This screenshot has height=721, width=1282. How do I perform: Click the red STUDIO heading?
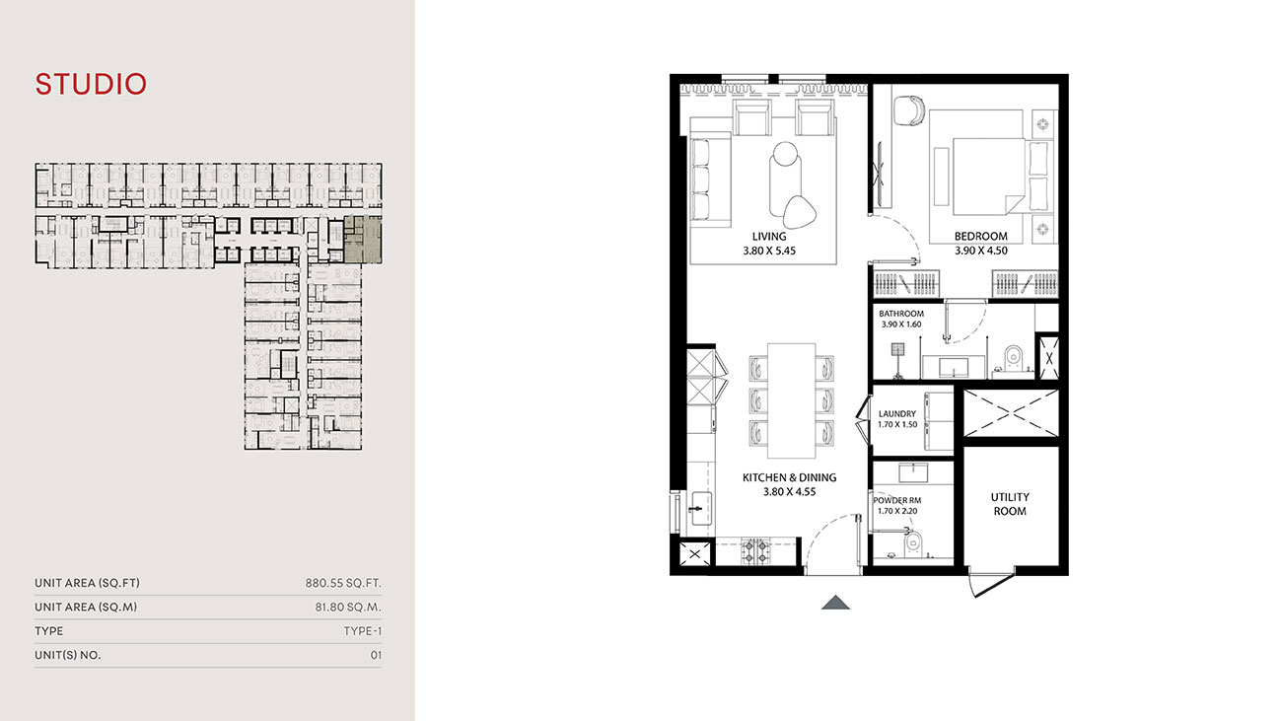point(91,85)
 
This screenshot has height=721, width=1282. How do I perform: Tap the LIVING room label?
point(768,237)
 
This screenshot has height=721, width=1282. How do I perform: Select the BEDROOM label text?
point(980,237)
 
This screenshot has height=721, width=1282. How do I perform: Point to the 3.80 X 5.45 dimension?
point(768,251)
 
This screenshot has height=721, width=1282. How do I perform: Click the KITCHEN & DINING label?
point(789,477)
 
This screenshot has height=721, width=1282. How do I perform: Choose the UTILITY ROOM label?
point(1009,504)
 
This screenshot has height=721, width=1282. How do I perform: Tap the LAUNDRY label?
point(896,414)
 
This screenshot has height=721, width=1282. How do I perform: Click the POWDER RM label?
point(896,500)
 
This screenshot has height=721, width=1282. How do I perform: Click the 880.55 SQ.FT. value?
point(343,583)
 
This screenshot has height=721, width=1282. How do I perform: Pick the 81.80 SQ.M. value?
point(348,608)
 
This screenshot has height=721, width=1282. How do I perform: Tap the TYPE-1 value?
point(362,631)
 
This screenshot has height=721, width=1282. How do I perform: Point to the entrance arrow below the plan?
point(835,603)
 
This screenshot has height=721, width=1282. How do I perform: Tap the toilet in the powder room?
point(911,541)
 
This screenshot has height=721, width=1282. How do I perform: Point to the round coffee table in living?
point(786,159)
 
